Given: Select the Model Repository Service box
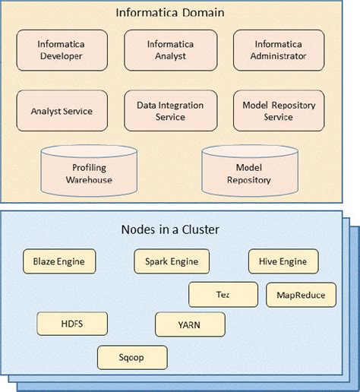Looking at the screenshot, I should point(278,111).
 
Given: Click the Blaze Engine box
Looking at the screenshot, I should point(59,262).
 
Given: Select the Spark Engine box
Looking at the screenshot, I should point(171,262).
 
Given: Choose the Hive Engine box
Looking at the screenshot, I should point(283,262).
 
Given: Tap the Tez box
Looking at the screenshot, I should point(223,294).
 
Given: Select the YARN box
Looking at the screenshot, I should point(190,324).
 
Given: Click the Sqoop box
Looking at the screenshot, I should point(132,357).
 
